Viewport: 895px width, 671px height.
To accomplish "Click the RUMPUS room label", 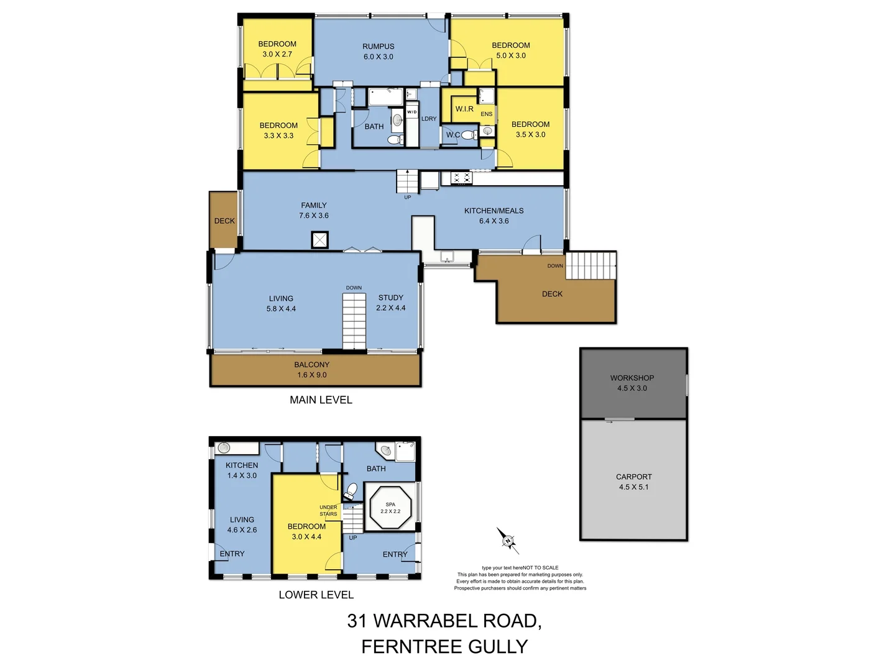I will tap(378, 47).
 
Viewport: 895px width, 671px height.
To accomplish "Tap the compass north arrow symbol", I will tap(508, 541).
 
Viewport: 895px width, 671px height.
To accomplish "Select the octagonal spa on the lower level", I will tap(390, 508).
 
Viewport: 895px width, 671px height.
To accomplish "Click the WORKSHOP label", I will tap(631, 378).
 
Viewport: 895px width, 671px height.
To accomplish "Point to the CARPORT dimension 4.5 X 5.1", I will tap(633, 487).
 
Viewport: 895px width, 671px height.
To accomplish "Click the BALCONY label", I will tap(311, 365).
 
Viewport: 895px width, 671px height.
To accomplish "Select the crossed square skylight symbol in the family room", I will tap(319, 240).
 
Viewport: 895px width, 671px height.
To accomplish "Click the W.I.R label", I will tap(464, 109).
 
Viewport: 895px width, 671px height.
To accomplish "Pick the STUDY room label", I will tap(390, 298).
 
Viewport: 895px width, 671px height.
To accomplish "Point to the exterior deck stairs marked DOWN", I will tap(590, 266).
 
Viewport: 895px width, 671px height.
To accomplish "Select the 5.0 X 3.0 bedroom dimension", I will tap(510, 56).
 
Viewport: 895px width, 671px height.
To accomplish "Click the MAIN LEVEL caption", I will tap(321, 400).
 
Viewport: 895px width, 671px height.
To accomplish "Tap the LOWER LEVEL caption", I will tap(316, 595).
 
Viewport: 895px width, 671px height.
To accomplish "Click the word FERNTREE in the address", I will tap(412, 647).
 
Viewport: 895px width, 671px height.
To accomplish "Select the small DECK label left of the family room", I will tap(224, 221).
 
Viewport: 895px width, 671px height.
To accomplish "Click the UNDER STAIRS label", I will tap(328, 511).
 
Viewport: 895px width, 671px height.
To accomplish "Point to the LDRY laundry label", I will tap(429, 119).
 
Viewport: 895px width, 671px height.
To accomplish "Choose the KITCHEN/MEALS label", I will tap(493, 211).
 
